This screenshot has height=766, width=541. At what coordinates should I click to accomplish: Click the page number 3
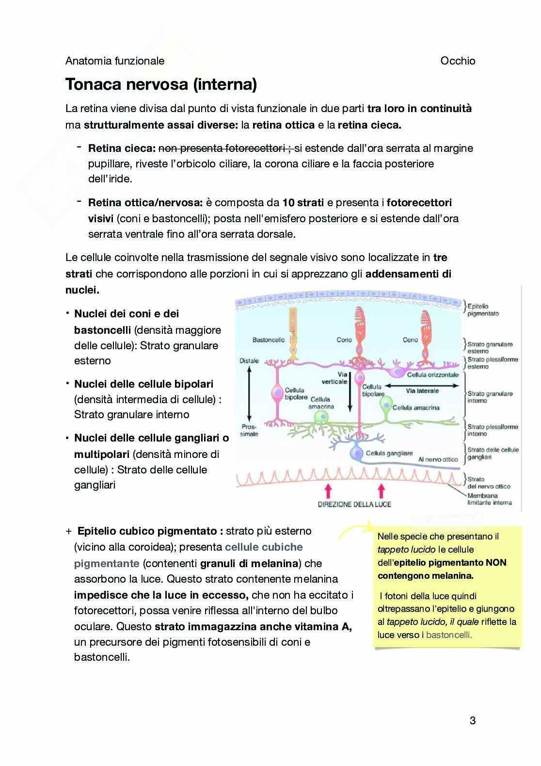(x=472, y=720)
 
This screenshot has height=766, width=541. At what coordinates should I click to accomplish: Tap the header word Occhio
(x=458, y=61)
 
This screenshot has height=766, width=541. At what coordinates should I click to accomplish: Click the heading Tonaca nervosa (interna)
(x=161, y=84)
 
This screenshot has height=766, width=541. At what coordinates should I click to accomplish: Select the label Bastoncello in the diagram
(x=269, y=340)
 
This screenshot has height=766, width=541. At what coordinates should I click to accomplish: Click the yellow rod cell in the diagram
(x=292, y=340)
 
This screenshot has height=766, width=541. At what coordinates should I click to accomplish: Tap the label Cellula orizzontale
(x=432, y=375)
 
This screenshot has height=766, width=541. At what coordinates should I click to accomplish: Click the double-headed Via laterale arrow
(x=422, y=386)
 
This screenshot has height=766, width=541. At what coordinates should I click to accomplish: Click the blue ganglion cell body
(x=357, y=453)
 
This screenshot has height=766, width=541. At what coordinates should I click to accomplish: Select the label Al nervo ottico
(x=438, y=459)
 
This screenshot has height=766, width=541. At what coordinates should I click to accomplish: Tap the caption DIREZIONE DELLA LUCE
(x=354, y=504)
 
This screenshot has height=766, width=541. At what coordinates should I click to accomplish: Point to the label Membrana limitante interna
(x=489, y=499)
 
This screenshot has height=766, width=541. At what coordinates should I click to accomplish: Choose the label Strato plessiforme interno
(x=492, y=430)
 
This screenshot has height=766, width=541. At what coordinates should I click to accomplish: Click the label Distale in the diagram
(x=249, y=361)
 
